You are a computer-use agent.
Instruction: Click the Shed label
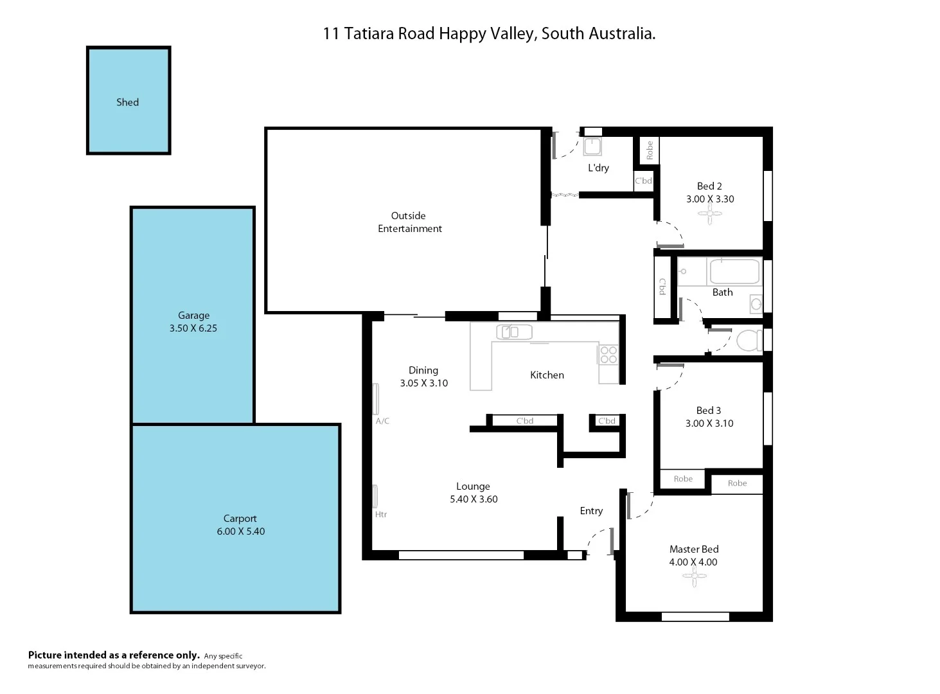127,102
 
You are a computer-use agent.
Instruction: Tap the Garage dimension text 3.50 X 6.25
193,328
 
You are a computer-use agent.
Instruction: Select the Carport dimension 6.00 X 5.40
240,531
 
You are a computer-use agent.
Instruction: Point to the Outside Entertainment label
409,222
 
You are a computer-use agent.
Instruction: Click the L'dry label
598,168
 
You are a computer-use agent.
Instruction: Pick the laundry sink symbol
592,147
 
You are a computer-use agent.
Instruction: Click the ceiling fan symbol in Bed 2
709,215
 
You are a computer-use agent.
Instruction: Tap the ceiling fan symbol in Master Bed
694,577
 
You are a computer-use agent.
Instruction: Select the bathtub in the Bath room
734,271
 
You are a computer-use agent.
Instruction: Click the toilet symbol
748,340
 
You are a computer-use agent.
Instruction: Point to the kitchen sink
514,332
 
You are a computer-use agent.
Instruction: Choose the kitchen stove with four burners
608,355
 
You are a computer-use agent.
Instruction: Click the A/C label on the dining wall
382,422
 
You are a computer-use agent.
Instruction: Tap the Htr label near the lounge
381,515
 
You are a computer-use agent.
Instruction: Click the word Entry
591,511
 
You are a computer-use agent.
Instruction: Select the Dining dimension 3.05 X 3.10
423,383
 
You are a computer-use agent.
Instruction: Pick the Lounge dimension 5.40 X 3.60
474,499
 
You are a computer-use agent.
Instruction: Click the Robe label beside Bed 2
650,150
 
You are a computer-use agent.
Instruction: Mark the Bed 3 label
709,411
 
